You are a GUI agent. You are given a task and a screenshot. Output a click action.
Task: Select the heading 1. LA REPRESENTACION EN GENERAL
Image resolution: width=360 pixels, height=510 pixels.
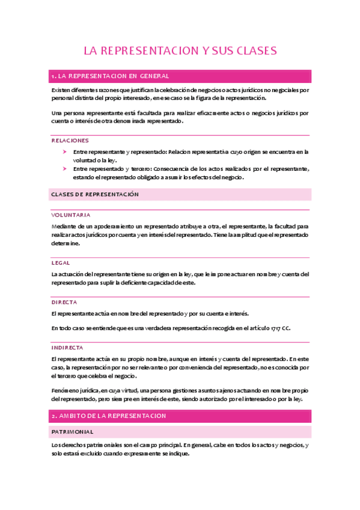(111, 76)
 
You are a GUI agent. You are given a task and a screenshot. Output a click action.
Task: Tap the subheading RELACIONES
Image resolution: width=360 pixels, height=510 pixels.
(70, 140)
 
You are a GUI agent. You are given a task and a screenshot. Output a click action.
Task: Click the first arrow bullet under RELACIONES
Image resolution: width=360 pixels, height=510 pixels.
(65, 152)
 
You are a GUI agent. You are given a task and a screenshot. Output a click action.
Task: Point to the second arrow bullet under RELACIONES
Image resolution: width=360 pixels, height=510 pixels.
(65, 169)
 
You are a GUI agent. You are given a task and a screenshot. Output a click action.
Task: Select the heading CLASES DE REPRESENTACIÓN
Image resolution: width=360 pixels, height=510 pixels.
(95, 194)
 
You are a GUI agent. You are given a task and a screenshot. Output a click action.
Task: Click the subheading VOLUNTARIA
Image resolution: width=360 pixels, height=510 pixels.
(71, 215)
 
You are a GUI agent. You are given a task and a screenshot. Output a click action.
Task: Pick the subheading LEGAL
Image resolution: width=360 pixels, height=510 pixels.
(61, 263)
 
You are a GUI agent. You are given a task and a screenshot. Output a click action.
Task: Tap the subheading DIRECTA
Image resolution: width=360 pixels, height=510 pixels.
(64, 302)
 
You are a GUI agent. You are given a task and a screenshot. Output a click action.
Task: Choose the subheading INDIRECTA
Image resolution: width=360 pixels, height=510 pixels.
(67, 348)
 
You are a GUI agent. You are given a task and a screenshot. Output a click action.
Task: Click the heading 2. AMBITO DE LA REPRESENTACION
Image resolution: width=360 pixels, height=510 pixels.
(109, 416)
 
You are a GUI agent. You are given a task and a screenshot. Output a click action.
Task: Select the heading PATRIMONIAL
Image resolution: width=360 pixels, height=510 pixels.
(72, 432)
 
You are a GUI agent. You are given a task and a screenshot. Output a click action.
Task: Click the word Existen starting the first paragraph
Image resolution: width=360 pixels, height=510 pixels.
(61, 90)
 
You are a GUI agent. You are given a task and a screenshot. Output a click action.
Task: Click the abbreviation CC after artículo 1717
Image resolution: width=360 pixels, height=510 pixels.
(286, 328)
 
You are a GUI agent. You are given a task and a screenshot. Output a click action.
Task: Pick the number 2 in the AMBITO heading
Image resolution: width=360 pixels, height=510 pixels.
(53, 416)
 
